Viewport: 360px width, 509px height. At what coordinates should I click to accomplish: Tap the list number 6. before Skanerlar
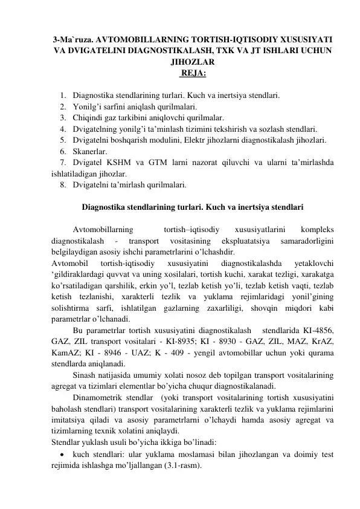(x=63, y=150)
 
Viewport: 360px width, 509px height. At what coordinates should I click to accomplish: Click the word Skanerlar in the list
(x=89, y=150)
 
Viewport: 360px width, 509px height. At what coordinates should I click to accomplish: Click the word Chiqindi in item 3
(x=86, y=117)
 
